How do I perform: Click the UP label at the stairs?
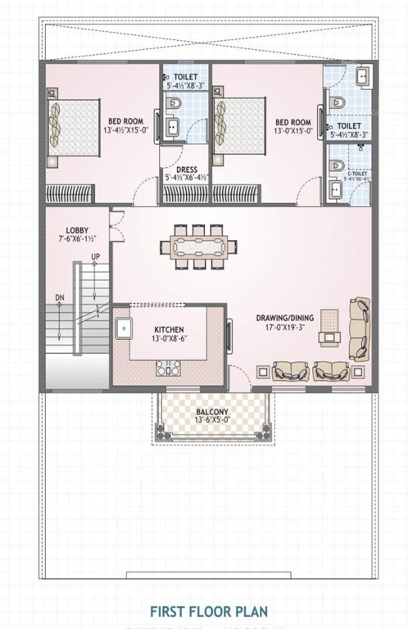(x=96, y=257)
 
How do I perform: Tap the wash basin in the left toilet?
(x=173, y=126)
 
